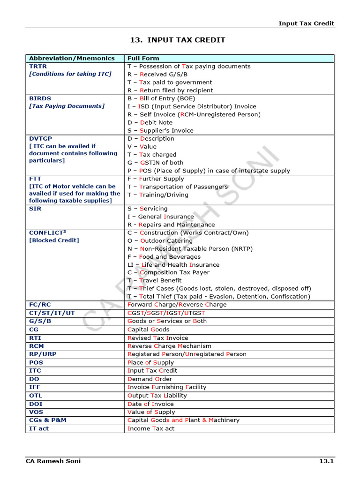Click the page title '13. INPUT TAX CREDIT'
[177, 40]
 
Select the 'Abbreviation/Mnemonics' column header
[72, 58]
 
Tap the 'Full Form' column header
[143, 58]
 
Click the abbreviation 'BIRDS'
[40, 98]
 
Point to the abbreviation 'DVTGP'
[41, 138]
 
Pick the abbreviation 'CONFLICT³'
[47, 232]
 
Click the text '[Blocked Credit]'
[54, 240]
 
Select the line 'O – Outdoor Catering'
[160, 240]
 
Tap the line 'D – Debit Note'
[150, 122]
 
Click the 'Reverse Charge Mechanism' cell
[169, 346]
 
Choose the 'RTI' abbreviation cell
[35, 338]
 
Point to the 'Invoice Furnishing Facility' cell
[167, 387]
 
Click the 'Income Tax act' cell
[151, 428]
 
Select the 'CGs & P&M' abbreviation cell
[48, 420]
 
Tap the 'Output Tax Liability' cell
[157, 395]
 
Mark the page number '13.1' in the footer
[326, 461]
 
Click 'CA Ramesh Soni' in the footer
[53, 461]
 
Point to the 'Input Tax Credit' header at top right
[307, 23]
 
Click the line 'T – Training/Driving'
[158, 195]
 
